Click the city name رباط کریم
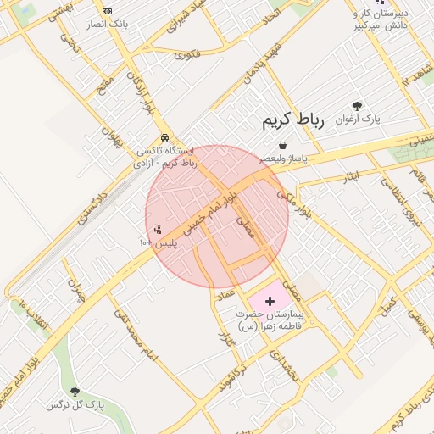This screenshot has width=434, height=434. tap(292, 120)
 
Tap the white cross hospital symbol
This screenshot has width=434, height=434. tap(270, 301)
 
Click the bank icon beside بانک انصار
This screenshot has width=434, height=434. tap(107, 11)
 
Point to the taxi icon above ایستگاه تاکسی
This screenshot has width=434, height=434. tap(164, 136)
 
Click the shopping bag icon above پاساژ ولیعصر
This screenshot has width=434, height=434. tap(281, 145)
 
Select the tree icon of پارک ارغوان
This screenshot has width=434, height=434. tap(357, 106)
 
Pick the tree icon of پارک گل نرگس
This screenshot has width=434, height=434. tap(75, 392)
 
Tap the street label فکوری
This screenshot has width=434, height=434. tap(187, 55)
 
